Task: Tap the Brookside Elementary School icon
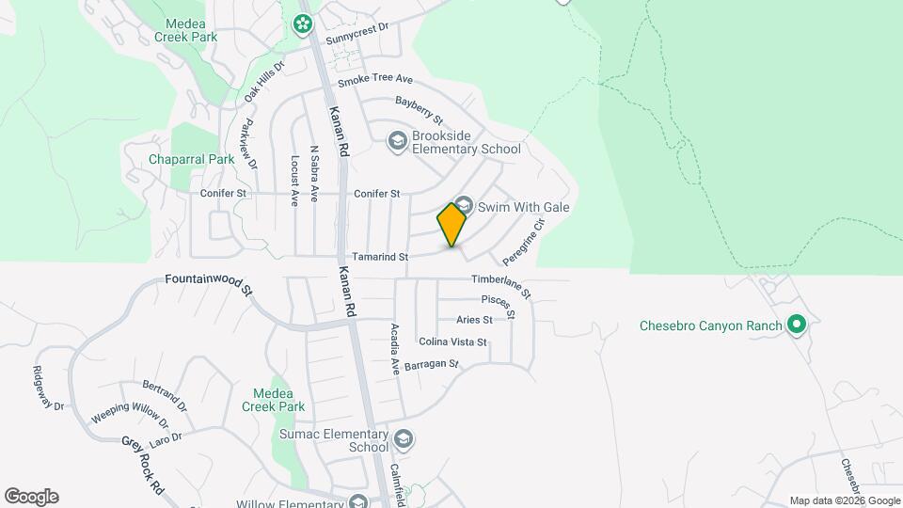click(x=397, y=141)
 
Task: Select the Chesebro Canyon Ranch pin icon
click(x=797, y=325)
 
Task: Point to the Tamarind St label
click(x=379, y=256)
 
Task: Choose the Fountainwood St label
click(x=209, y=282)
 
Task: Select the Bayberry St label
click(x=419, y=109)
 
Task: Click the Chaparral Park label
click(x=192, y=159)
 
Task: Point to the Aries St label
click(x=474, y=320)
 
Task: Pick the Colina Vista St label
click(x=452, y=342)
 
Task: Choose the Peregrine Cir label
click(x=524, y=243)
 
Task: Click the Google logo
click(x=31, y=497)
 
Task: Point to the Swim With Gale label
click(x=524, y=207)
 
